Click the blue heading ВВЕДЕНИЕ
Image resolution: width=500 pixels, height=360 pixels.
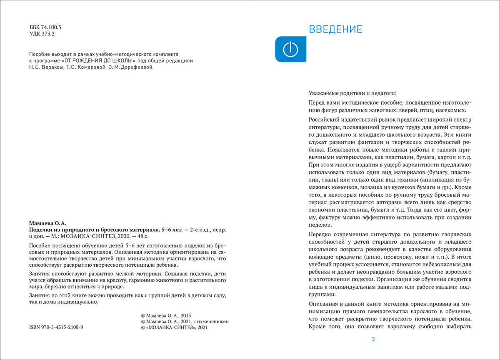coord(335,30)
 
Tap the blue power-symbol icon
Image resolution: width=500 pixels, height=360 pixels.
coord(290,50)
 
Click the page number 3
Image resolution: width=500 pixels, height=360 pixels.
coord(373,339)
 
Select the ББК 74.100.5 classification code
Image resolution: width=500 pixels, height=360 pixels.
coord(48,27)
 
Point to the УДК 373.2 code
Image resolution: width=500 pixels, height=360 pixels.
coord(43,34)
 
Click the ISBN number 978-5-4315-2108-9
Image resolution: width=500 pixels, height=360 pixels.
coord(56,328)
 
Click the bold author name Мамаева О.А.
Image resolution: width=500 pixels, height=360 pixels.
coord(47,223)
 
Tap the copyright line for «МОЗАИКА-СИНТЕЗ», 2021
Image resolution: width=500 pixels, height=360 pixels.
coord(174,328)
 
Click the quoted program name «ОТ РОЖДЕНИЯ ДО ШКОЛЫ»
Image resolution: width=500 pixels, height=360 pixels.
coord(95,60)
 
